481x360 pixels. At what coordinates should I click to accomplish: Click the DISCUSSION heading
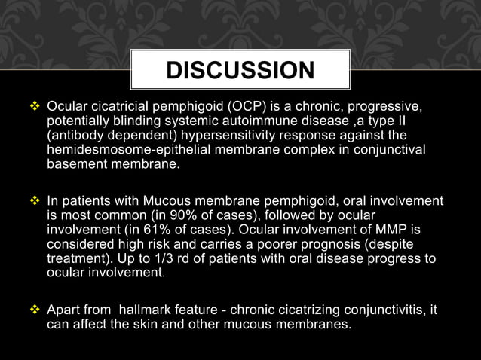(x=240, y=71)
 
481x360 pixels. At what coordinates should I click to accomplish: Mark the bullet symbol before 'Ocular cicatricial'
(x=36, y=103)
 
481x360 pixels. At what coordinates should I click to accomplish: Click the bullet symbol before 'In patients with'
(x=36, y=201)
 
